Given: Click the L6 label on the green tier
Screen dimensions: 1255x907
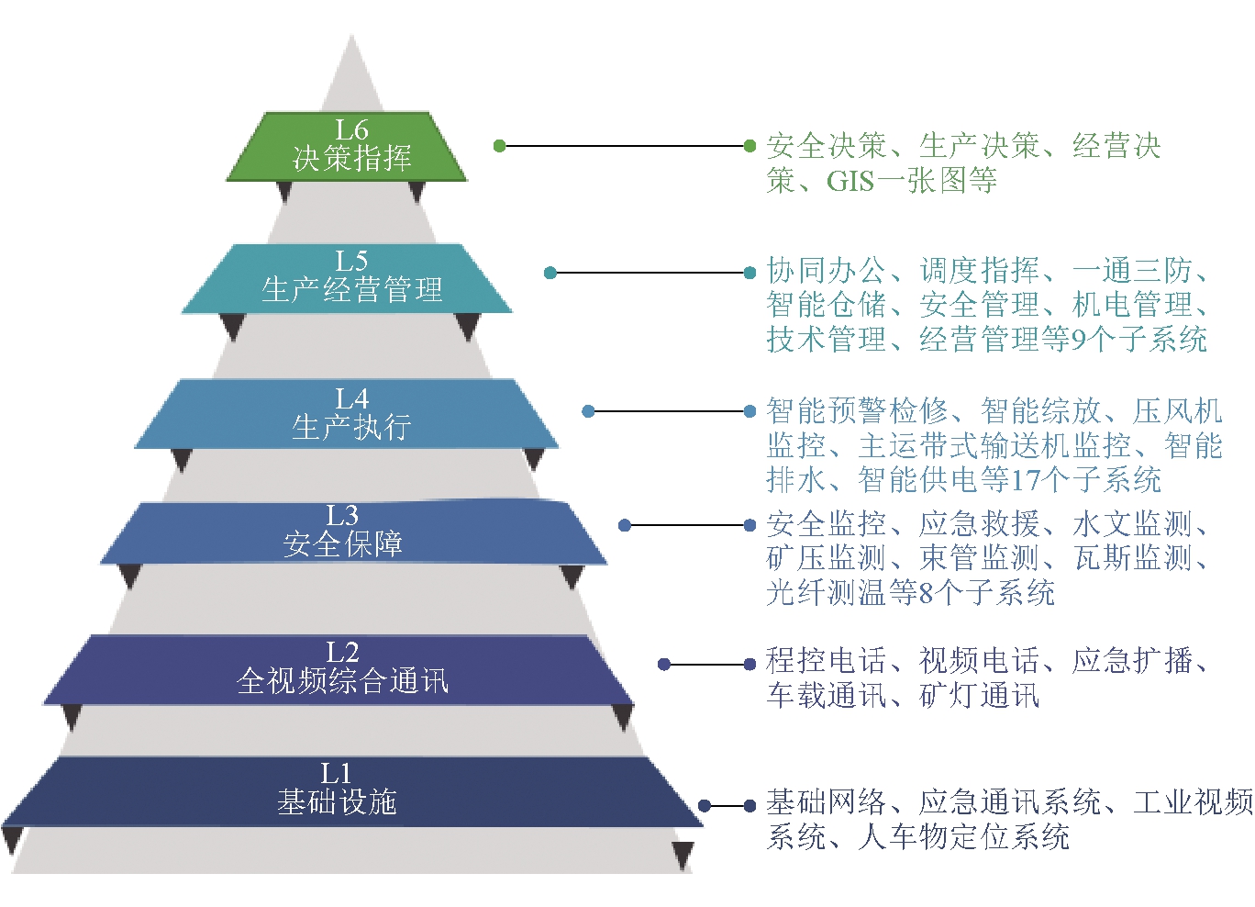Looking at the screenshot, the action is [x=352, y=130].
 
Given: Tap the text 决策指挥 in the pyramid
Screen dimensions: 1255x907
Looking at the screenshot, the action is [x=352, y=158].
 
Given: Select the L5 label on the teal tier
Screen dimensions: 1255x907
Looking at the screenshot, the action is [x=352, y=262].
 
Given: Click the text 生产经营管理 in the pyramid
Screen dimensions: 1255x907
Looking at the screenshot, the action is [x=352, y=290].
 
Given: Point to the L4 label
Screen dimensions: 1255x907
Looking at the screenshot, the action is [x=352, y=399].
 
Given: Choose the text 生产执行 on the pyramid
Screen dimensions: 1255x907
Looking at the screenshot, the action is [x=352, y=427].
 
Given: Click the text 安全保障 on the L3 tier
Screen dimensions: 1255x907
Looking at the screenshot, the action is [x=343, y=543].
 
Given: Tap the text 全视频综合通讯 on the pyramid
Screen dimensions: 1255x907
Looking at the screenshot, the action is [x=343, y=681].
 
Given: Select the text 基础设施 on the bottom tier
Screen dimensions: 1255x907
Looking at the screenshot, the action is [x=338, y=802].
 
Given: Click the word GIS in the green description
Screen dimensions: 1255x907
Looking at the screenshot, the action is [x=850, y=181].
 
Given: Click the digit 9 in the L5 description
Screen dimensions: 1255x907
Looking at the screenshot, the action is [x=1077, y=340].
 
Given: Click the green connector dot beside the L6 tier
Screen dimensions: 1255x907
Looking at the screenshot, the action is [x=500, y=146].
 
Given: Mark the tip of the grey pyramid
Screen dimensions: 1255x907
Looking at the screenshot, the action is [x=352, y=35].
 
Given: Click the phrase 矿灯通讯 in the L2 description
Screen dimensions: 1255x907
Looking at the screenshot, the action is [x=980, y=696].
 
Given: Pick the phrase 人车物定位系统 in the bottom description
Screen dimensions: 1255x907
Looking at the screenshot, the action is [x=963, y=837].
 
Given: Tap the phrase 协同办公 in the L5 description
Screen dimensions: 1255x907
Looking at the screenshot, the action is [x=827, y=271].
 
